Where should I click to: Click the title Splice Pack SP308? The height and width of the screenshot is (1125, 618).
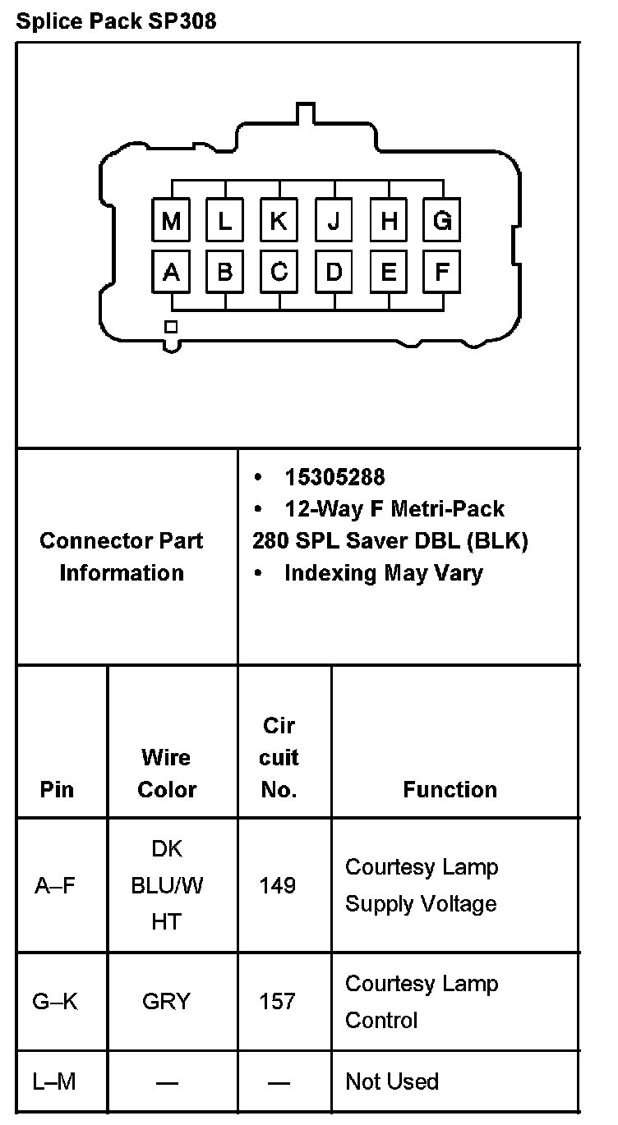point(116,21)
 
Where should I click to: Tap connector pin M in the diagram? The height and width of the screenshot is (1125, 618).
point(171,221)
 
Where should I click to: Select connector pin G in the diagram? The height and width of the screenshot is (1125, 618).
point(442,221)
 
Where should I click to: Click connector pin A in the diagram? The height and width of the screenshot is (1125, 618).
point(171,272)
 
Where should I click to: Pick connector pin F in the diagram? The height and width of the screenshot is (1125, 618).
point(442,272)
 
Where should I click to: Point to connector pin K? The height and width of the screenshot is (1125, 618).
point(279,221)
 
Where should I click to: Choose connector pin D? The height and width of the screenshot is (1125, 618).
point(334,272)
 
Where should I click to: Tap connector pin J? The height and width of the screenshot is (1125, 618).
point(334,221)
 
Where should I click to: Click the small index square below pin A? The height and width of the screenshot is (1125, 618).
point(171,327)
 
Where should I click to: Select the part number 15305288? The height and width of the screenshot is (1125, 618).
point(334,477)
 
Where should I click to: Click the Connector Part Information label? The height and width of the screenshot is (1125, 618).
point(122,557)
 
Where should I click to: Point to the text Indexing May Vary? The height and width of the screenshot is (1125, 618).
point(383,572)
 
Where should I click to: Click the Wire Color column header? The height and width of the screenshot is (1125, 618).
point(167,773)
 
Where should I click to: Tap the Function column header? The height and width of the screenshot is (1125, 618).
point(450,789)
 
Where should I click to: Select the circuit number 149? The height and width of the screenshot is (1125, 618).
point(278,885)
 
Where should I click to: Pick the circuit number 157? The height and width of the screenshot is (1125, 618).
point(278,1002)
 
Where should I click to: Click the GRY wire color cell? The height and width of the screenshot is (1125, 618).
point(166,1002)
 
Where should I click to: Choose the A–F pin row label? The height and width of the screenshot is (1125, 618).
point(55,885)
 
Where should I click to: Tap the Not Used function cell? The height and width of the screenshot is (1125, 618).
point(392,1081)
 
